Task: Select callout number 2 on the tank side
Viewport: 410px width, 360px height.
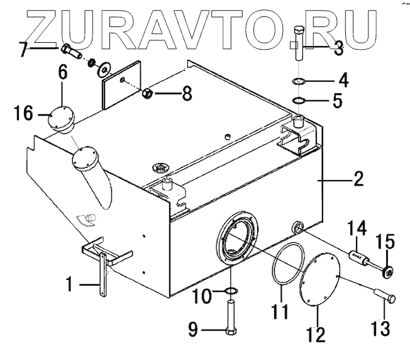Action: (x=357, y=179)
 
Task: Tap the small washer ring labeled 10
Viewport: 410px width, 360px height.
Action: (x=231, y=290)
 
